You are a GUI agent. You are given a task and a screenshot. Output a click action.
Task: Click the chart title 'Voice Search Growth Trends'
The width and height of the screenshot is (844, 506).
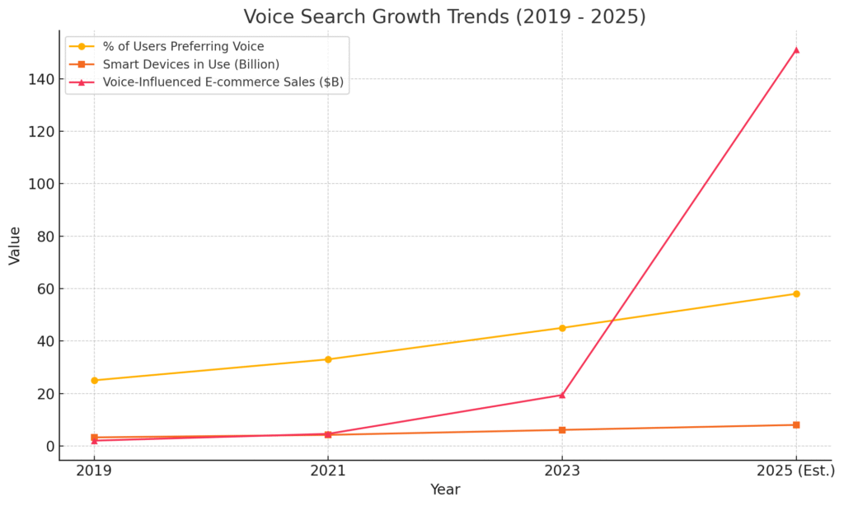tap(445, 16)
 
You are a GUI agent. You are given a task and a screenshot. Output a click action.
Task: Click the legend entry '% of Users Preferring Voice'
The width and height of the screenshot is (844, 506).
tap(183, 47)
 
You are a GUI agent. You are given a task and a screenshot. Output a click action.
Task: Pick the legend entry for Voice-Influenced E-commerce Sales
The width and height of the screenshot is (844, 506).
tap(223, 82)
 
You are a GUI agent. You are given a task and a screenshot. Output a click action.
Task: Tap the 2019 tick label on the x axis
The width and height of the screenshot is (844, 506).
tap(94, 471)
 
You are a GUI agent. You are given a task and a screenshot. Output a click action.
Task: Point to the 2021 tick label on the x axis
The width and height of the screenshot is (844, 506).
tap(328, 471)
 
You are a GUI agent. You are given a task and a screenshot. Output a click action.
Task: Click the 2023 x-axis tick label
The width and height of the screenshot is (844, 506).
tap(562, 471)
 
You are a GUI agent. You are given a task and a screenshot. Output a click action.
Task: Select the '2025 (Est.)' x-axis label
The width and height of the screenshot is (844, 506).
tap(795, 471)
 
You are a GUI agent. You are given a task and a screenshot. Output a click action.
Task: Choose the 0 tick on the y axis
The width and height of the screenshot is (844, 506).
tap(49, 447)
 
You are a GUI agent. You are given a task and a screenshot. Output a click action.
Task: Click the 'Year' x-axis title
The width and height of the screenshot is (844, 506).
tap(445, 490)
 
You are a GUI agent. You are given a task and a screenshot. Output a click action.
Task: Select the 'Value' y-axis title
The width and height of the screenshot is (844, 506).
tap(15, 246)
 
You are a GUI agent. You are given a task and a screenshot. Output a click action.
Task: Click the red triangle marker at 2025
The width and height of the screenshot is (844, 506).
tap(796, 49)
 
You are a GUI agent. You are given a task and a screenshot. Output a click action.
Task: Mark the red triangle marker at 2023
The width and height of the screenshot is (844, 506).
tap(562, 395)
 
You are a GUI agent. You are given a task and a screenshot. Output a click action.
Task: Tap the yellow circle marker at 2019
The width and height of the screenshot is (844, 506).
tap(94, 380)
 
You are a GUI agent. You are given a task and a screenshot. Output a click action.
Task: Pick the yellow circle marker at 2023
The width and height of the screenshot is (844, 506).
tap(562, 328)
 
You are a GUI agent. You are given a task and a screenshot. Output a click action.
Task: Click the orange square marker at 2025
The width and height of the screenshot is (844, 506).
tap(796, 425)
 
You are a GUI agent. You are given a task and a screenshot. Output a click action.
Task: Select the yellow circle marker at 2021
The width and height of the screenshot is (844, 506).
tap(328, 359)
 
